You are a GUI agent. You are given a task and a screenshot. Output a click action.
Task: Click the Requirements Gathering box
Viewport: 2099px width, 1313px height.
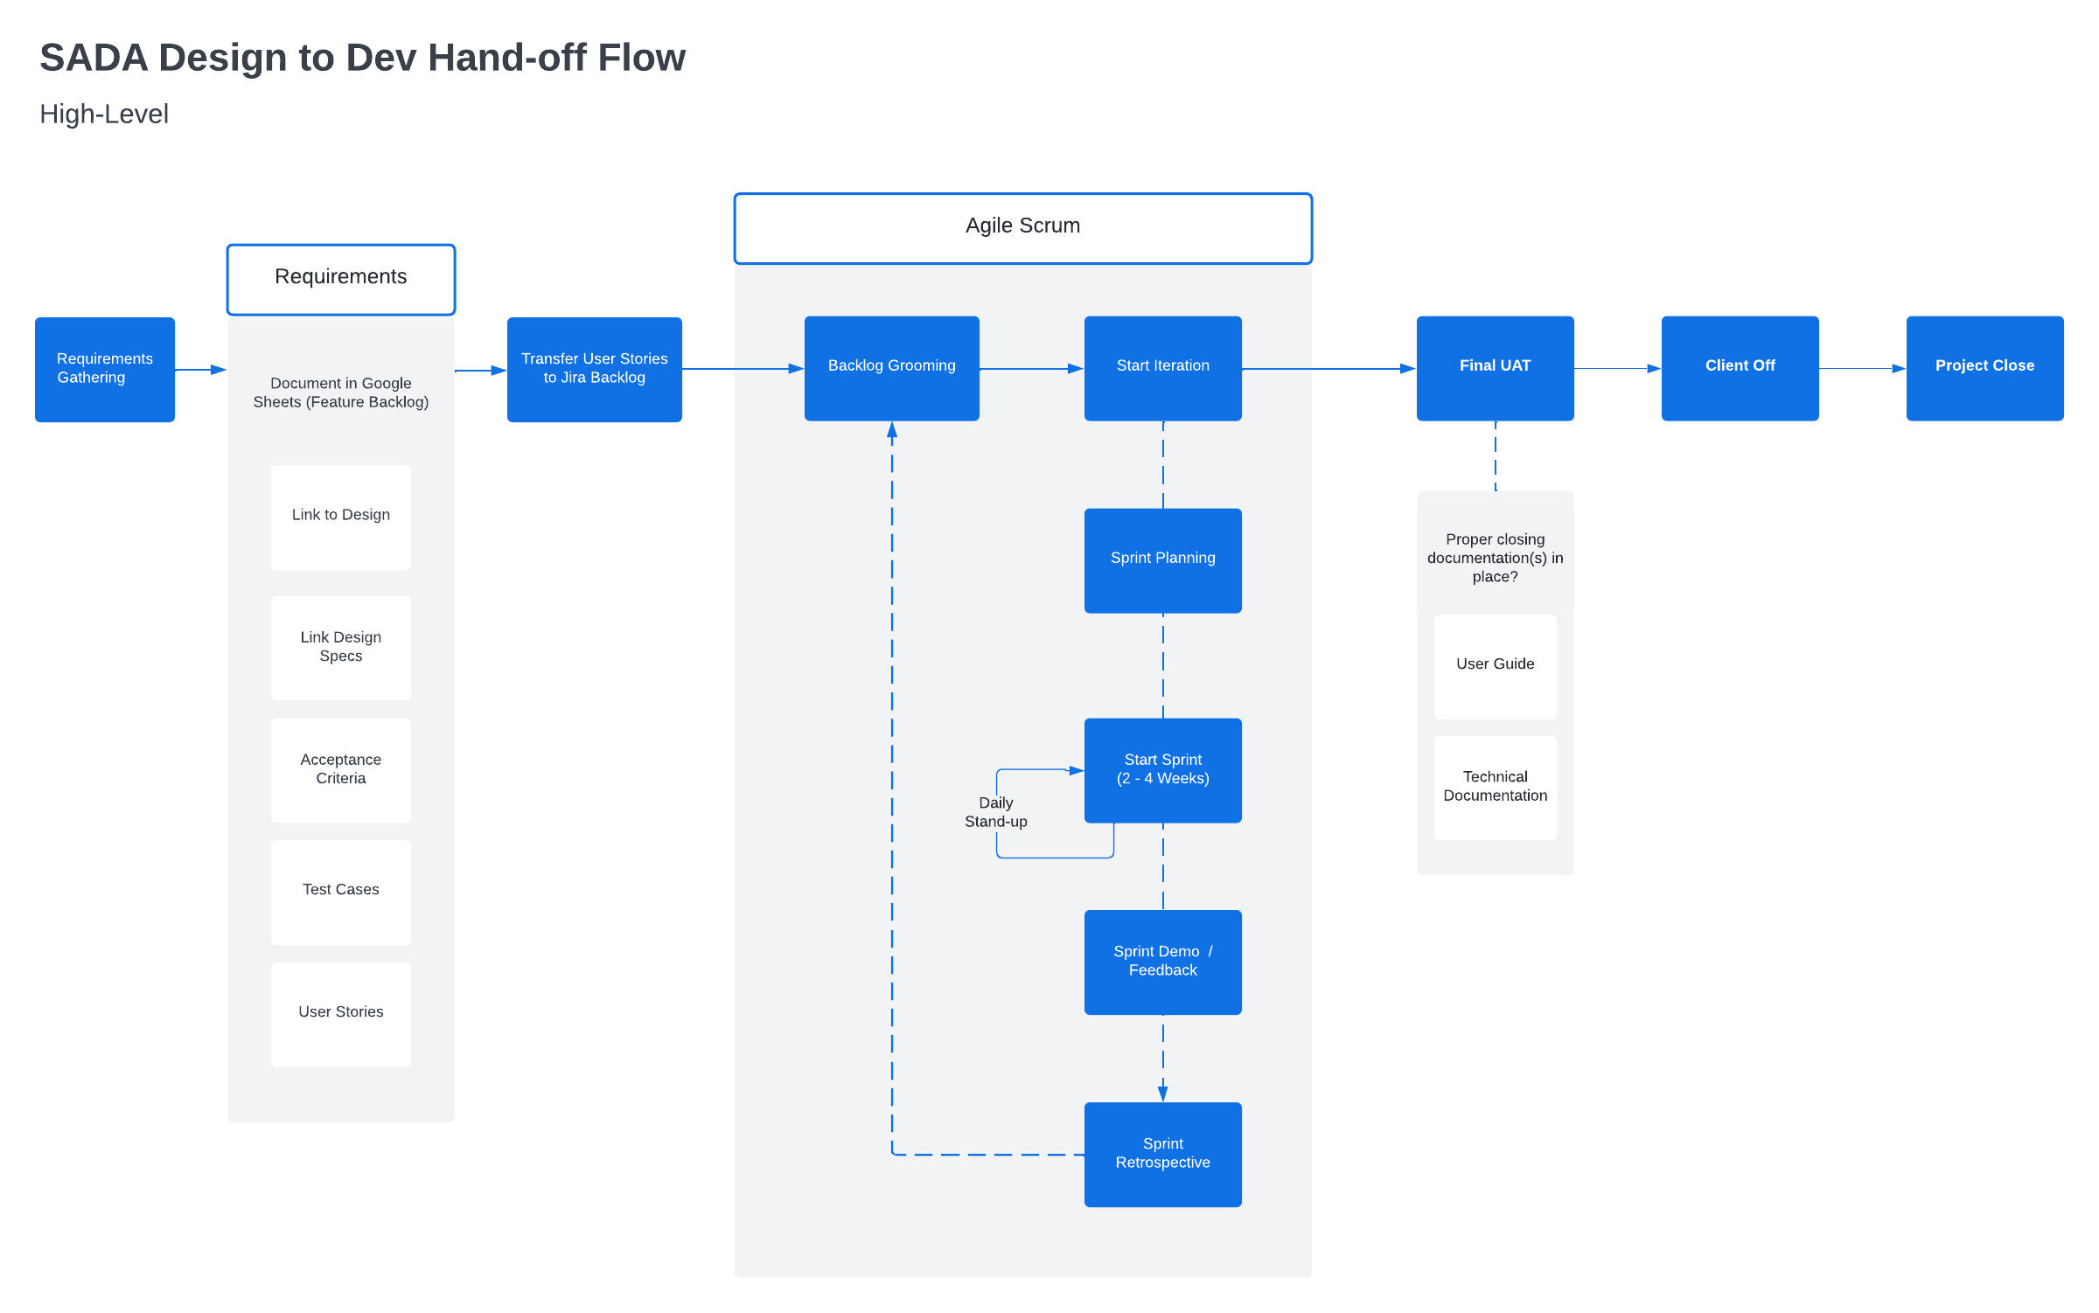(x=105, y=369)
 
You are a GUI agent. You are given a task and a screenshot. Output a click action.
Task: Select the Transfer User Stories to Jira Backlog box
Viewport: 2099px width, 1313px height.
(x=595, y=369)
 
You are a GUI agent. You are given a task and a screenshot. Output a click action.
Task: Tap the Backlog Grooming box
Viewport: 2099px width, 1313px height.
(x=891, y=368)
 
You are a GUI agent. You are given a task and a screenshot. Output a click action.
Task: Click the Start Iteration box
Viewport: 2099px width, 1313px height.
(x=1162, y=368)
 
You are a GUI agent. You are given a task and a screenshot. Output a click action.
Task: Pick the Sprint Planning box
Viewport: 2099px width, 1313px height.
(x=1162, y=560)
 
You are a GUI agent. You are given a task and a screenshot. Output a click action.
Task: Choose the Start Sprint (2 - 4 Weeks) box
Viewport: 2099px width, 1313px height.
(x=1162, y=770)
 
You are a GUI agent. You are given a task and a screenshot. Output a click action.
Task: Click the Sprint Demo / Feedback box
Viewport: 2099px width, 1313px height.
(x=1162, y=962)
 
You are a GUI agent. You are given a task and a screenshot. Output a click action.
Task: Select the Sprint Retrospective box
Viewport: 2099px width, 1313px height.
(x=1162, y=1154)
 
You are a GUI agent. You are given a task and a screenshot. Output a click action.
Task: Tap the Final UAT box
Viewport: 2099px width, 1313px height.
(x=1495, y=368)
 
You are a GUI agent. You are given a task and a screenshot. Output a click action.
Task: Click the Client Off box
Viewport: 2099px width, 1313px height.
(x=1740, y=368)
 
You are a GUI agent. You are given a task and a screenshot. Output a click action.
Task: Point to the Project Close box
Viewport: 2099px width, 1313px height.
(x=1984, y=368)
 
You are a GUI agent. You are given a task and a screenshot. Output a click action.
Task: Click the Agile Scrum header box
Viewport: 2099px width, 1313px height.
(x=1022, y=227)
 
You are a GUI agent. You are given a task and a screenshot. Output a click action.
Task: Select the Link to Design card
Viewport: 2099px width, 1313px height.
(x=341, y=517)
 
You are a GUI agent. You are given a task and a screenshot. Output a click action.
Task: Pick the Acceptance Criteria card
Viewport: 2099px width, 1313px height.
(x=341, y=770)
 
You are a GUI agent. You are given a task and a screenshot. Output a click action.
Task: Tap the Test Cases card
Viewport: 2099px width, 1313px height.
(x=341, y=892)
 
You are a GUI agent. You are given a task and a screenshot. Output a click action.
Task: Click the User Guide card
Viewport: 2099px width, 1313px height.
(x=1495, y=666)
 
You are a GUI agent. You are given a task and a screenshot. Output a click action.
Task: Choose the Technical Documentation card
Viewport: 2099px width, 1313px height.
(x=1495, y=787)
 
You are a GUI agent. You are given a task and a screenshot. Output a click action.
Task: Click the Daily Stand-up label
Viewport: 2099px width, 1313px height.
(x=996, y=812)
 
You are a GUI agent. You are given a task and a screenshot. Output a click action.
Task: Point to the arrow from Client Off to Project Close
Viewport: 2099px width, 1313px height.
(x=1862, y=369)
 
